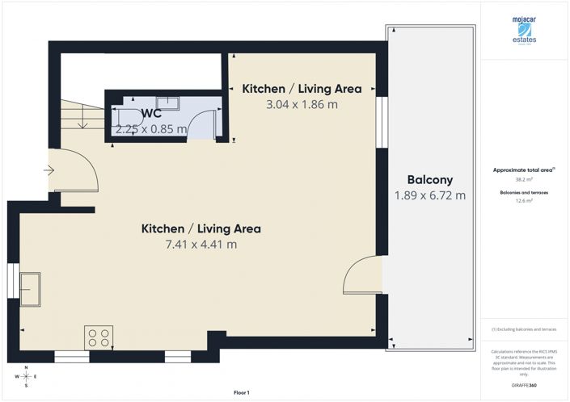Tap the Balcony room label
point(429,180)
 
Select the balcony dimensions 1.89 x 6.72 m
point(429,195)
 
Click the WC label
point(152,114)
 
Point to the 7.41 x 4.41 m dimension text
point(201,245)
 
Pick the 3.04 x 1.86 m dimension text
point(302,104)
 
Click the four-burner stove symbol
point(99,337)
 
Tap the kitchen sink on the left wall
point(32,290)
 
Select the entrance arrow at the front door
point(49,170)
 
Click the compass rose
point(27,376)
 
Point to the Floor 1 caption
point(242,392)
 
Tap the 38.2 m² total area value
point(524,179)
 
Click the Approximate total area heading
point(524,170)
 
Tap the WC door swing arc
point(202,126)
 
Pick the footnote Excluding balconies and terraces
point(524,329)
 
